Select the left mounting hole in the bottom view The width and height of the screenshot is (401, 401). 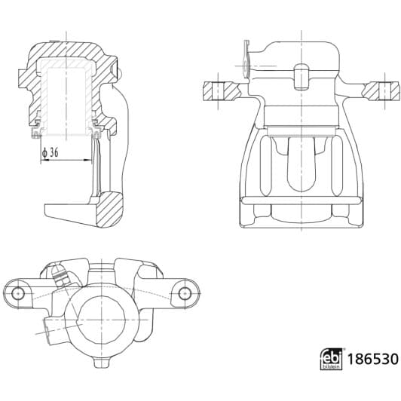20,292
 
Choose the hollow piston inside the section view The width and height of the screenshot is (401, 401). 65,94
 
